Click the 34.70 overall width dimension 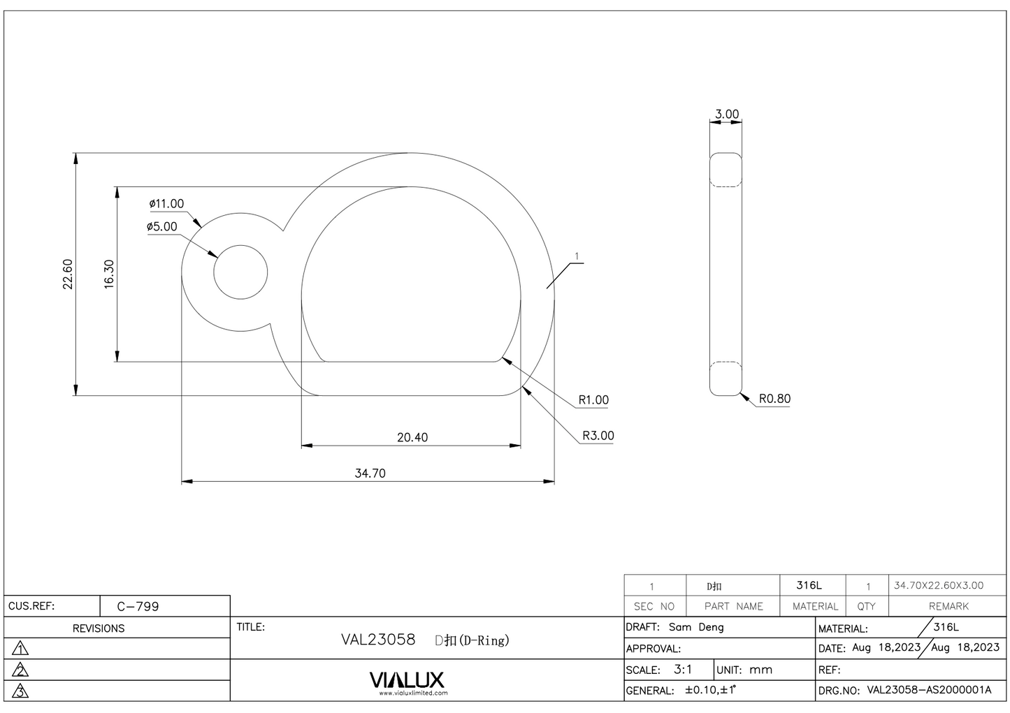tap(370, 473)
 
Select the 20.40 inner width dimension tap(412, 438)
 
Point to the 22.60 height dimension tap(68, 274)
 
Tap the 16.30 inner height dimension tap(109, 274)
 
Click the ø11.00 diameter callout tap(166, 204)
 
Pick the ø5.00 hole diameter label tap(162, 227)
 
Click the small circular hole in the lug tap(240, 272)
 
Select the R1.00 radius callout tap(593, 400)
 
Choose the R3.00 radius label tap(598, 436)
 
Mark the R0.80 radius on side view tap(774, 399)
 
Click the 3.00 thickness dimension tap(726, 114)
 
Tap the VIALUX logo tap(406, 680)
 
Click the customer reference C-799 tap(138, 606)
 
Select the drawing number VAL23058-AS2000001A tap(929, 690)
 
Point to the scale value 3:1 tap(683, 669)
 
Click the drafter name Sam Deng tap(696, 627)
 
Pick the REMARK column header tap(948, 606)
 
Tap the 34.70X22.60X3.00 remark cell tap(938, 585)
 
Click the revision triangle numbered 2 tap(21, 670)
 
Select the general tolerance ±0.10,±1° tap(711, 690)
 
